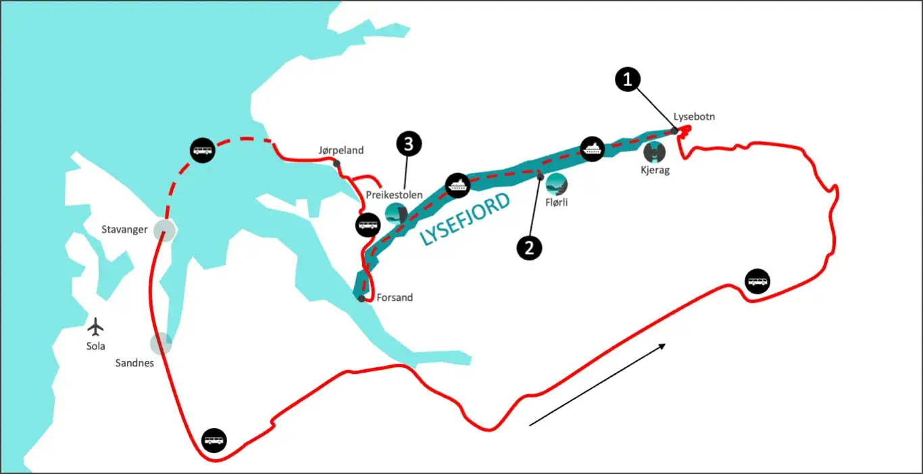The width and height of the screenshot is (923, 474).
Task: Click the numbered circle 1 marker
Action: pyautogui.click(x=628, y=80)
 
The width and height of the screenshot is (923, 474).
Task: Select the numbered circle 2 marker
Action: pyautogui.click(x=529, y=248)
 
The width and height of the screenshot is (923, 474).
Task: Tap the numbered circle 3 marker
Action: pyautogui.click(x=409, y=143)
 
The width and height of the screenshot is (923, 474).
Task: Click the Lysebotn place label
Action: pyautogui.click(x=694, y=116)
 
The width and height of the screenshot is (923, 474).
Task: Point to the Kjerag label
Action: pyautogui.click(x=655, y=170)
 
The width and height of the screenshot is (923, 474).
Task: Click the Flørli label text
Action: pyautogui.click(x=557, y=200)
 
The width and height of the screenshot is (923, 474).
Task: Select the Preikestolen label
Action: pyautogui.click(x=394, y=195)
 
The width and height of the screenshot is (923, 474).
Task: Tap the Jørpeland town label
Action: pyautogui.click(x=341, y=150)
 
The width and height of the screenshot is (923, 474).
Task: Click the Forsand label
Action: pyautogui.click(x=395, y=298)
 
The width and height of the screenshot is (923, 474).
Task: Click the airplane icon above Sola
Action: pyautogui.click(x=96, y=327)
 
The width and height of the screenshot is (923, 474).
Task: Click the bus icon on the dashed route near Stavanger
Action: pyautogui.click(x=202, y=151)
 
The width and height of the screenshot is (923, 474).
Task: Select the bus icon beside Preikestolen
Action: pyautogui.click(x=368, y=224)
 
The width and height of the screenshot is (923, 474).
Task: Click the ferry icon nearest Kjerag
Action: pyautogui.click(x=593, y=148)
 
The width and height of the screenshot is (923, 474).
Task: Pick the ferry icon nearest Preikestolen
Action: pyautogui.click(x=457, y=184)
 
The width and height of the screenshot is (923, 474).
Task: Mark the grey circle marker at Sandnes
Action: pyautogui.click(x=161, y=343)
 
